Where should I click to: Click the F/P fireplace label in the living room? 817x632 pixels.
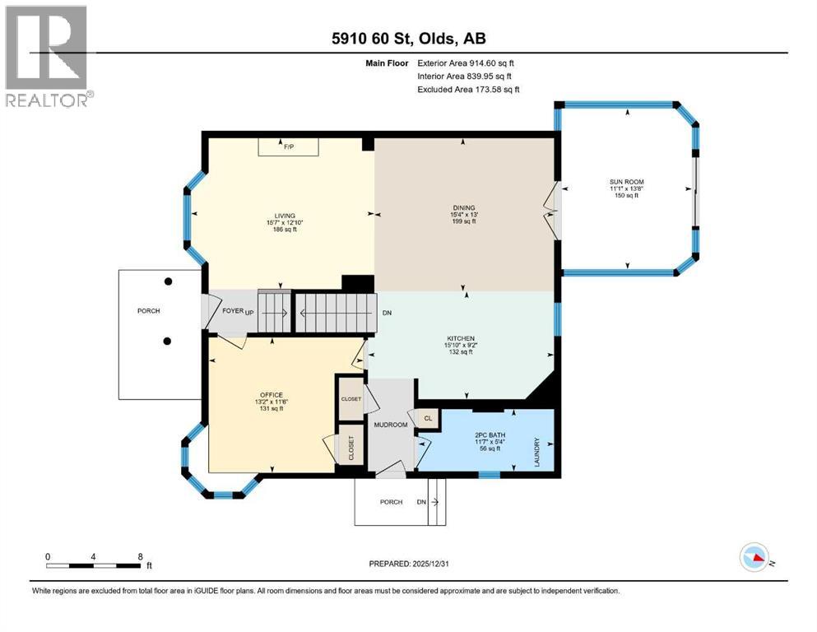tap(289, 147)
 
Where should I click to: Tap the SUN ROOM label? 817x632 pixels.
tap(627, 181)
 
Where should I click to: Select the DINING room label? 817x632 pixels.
tap(464, 207)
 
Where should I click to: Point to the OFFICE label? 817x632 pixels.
tap(272, 395)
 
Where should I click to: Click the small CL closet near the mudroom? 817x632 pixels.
tap(428, 418)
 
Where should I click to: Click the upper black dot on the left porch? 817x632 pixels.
tap(168, 281)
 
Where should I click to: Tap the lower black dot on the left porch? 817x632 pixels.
tap(168, 341)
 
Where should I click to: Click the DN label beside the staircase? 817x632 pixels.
tap(387, 314)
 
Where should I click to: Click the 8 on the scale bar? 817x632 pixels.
tap(139, 555)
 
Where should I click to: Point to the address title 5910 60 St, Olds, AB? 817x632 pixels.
tap(408, 38)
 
